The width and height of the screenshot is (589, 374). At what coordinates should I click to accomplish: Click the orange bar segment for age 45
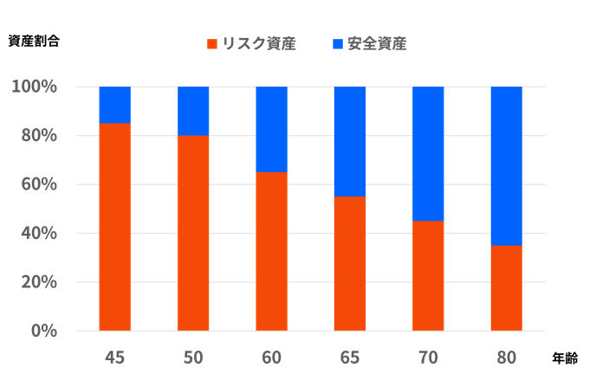point(114,227)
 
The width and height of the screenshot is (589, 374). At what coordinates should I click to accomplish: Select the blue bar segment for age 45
point(114,105)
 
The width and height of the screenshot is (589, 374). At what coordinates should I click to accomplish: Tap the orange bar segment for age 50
point(193,233)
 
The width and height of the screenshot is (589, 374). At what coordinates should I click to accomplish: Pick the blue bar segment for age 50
point(193,111)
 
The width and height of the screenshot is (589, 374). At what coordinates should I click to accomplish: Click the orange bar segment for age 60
point(271,251)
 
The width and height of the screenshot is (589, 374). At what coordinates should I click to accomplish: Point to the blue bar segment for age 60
point(271,129)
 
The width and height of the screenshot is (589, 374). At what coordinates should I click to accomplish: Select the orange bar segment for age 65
point(350,263)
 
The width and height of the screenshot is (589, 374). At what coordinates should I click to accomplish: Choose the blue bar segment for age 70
point(428,153)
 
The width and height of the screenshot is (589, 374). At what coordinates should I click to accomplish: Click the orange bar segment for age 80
point(506,287)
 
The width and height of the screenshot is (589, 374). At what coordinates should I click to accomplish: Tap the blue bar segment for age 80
point(506,165)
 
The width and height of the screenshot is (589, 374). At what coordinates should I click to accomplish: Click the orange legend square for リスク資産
point(212,43)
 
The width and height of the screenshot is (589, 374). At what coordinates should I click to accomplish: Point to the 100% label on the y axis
point(34,87)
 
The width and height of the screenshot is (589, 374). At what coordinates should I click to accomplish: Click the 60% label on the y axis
point(37,184)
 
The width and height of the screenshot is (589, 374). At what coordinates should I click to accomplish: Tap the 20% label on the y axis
point(37,282)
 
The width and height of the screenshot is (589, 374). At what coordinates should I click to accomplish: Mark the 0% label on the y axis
point(42,331)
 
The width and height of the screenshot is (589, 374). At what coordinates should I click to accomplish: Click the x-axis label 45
point(114,356)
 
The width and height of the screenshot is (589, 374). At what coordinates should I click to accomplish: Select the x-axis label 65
point(350,356)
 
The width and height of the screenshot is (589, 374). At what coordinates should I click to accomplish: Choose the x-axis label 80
point(506,356)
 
